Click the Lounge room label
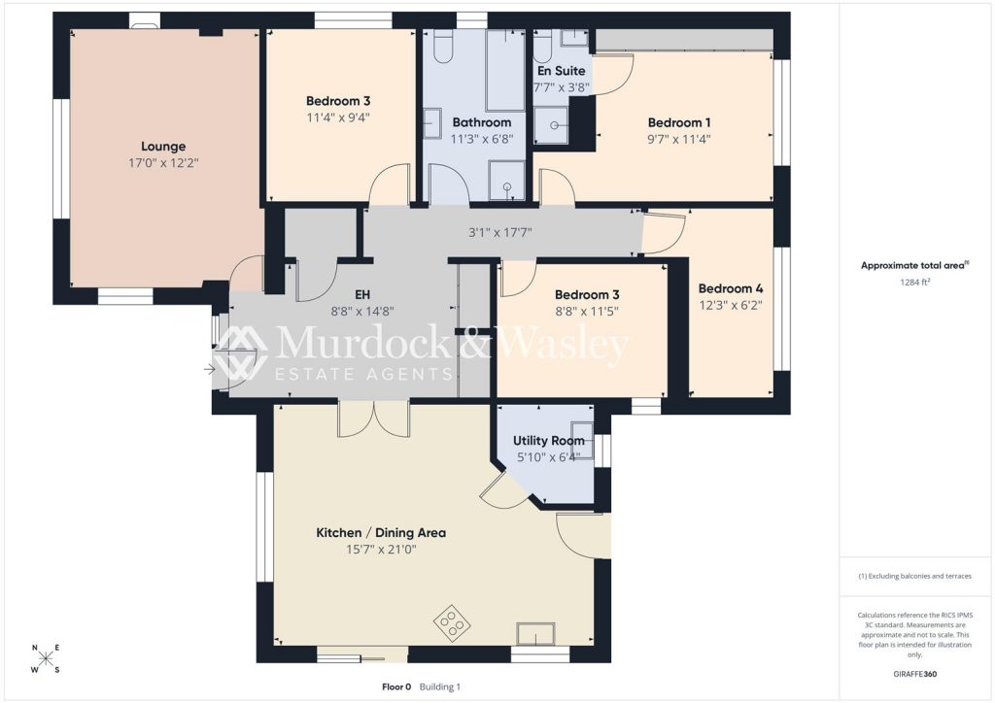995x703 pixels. point(163,147)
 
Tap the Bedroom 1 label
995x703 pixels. point(679,123)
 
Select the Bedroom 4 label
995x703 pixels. point(731,289)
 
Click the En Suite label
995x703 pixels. point(561,71)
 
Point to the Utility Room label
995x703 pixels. point(549,441)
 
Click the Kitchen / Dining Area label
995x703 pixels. point(381,533)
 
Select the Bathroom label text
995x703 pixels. point(482,122)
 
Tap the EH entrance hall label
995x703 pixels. point(362,295)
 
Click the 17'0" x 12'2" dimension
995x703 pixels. point(163,163)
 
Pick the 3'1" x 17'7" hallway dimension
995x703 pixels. point(500,233)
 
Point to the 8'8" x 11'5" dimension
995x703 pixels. point(587,312)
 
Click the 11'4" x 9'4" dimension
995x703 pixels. point(338,117)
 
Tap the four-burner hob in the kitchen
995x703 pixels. point(451,621)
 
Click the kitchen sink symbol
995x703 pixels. point(535,634)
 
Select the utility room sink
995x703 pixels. point(583,440)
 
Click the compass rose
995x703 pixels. point(46,658)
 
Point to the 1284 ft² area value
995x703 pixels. point(914,283)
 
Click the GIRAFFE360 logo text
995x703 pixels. point(914,674)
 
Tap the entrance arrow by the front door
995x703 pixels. point(210,369)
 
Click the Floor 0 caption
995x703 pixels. point(396,686)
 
